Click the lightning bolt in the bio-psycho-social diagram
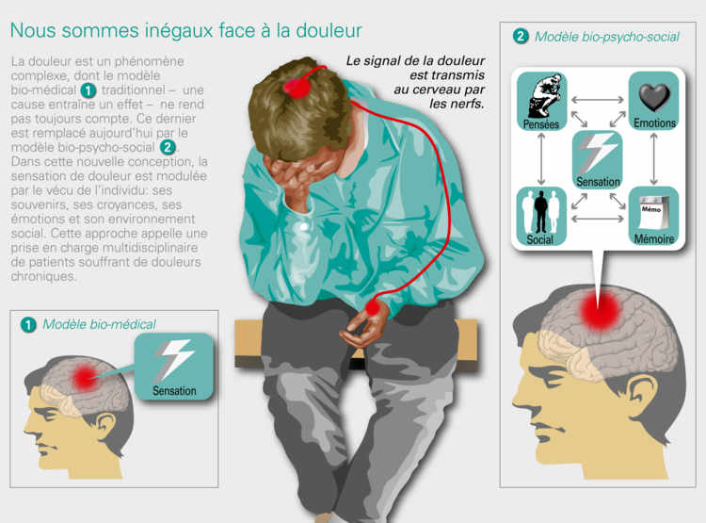pos(598,154)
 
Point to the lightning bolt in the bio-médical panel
pos(175,359)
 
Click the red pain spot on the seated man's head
pos(296,87)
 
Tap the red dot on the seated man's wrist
pos(373,308)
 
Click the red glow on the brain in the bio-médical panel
pos(85,377)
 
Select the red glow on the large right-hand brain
pos(600,310)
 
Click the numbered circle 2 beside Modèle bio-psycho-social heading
pos(521,36)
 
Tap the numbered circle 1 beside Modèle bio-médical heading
pos(28,324)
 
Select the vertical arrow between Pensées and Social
pos(541,158)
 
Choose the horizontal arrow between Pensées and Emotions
pos(598,100)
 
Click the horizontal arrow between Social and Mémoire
pos(598,220)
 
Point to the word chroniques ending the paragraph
pos(43,276)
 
